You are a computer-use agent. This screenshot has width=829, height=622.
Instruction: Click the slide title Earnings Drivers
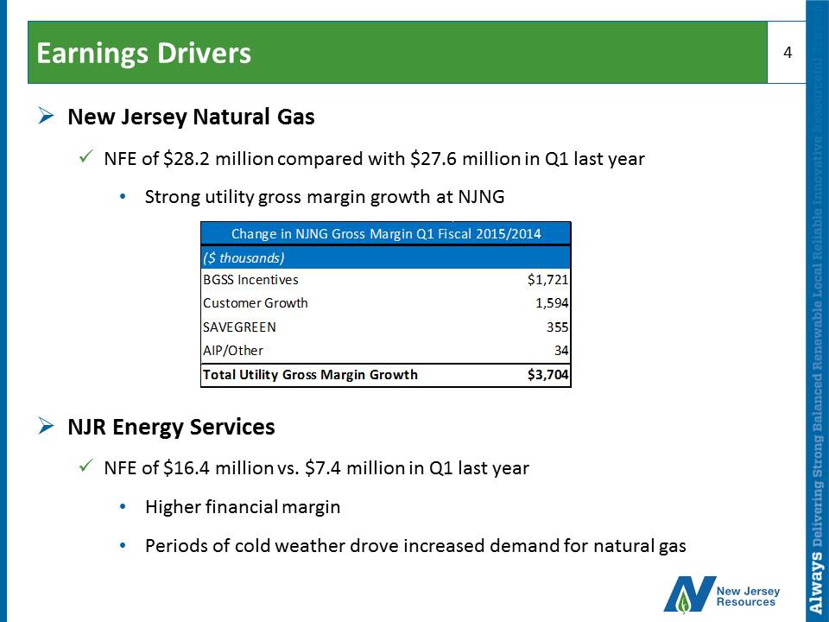click(144, 54)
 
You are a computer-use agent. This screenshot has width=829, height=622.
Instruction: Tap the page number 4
click(788, 53)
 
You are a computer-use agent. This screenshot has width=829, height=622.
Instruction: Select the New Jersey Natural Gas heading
click(191, 117)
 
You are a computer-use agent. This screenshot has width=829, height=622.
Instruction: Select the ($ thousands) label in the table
click(244, 258)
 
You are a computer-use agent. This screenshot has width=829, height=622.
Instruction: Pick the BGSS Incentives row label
click(250, 280)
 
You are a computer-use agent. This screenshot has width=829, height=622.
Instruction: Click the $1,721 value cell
click(547, 280)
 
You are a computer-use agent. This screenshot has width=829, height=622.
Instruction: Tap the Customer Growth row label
click(256, 303)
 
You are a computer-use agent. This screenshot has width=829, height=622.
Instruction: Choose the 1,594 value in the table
click(552, 303)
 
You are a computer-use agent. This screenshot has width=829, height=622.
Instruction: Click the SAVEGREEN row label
click(239, 327)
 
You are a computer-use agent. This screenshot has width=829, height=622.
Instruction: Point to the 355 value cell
click(558, 327)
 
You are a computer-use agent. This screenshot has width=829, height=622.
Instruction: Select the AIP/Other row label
click(233, 351)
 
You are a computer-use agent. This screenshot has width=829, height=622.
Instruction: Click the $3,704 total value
click(547, 375)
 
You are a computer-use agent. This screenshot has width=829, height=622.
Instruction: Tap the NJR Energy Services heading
click(171, 427)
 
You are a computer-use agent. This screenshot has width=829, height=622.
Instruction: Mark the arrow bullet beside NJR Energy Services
click(47, 426)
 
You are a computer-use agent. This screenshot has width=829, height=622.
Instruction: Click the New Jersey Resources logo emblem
click(689, 594)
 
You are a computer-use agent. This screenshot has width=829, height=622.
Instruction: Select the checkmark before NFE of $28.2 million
click(86, 157)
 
